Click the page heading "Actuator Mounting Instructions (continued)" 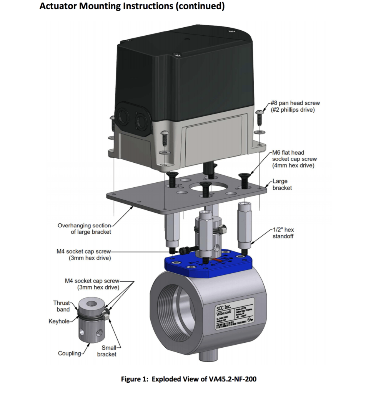pyautogui.click(x=132, y=7)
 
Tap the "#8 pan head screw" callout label pyautogui.click(x=295, y=106)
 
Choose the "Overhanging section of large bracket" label pyautogui.click(x=84, y=229)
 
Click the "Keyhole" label pyautogui.click(x=58, y=321)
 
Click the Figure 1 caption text pyautogui.click(x=189, y=379)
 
